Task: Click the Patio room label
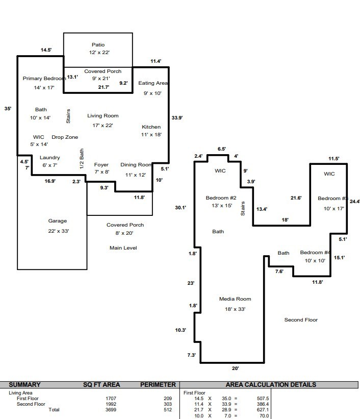pos(98,44)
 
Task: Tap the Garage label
pos(58,220)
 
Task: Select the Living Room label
pos(103,116)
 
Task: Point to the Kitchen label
pos(151,127)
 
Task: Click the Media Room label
pos(235,299)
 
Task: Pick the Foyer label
pos(101,165)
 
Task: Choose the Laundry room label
pos(49,157)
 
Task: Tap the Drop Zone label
pos(65,137)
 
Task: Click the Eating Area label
pos(153,83)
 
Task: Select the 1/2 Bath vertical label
pos(82,159)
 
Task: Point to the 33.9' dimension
pos(177,117)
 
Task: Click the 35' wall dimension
pos(8,109)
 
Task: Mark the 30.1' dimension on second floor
pos(181,207)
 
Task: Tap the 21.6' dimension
pos(296,198)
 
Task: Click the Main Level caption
pos(123,248)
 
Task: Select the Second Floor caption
pos(301,319)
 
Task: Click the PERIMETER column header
pos(158,384)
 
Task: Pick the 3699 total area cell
pos(111,410)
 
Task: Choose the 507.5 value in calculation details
pos(263,399)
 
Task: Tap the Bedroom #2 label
pos(221,198)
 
